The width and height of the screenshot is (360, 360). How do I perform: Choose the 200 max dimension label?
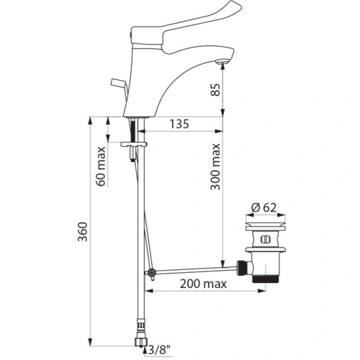coord(199,284)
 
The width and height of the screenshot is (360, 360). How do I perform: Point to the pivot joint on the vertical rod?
coord(151,273)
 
